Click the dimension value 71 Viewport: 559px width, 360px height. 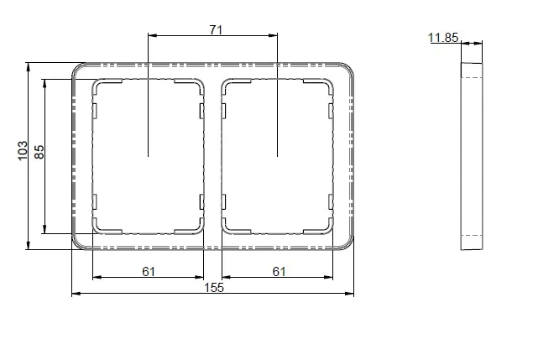click(x=216, y=30)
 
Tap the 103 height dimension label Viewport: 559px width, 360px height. click(x=23, y=150)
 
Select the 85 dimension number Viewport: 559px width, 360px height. click(x=39, y=152)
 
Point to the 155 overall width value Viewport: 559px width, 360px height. click(x=214, y=287)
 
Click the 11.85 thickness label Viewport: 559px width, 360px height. click(x=443, y=38)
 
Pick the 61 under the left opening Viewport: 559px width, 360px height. click(x=149, y=272)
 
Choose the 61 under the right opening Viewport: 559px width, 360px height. click(x=279, y=272)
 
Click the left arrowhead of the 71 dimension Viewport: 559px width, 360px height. click(x=152, y=35)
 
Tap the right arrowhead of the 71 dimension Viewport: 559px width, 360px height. click(x=273, y=35)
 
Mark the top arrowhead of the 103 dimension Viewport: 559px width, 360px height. click(x=29, y=66)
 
